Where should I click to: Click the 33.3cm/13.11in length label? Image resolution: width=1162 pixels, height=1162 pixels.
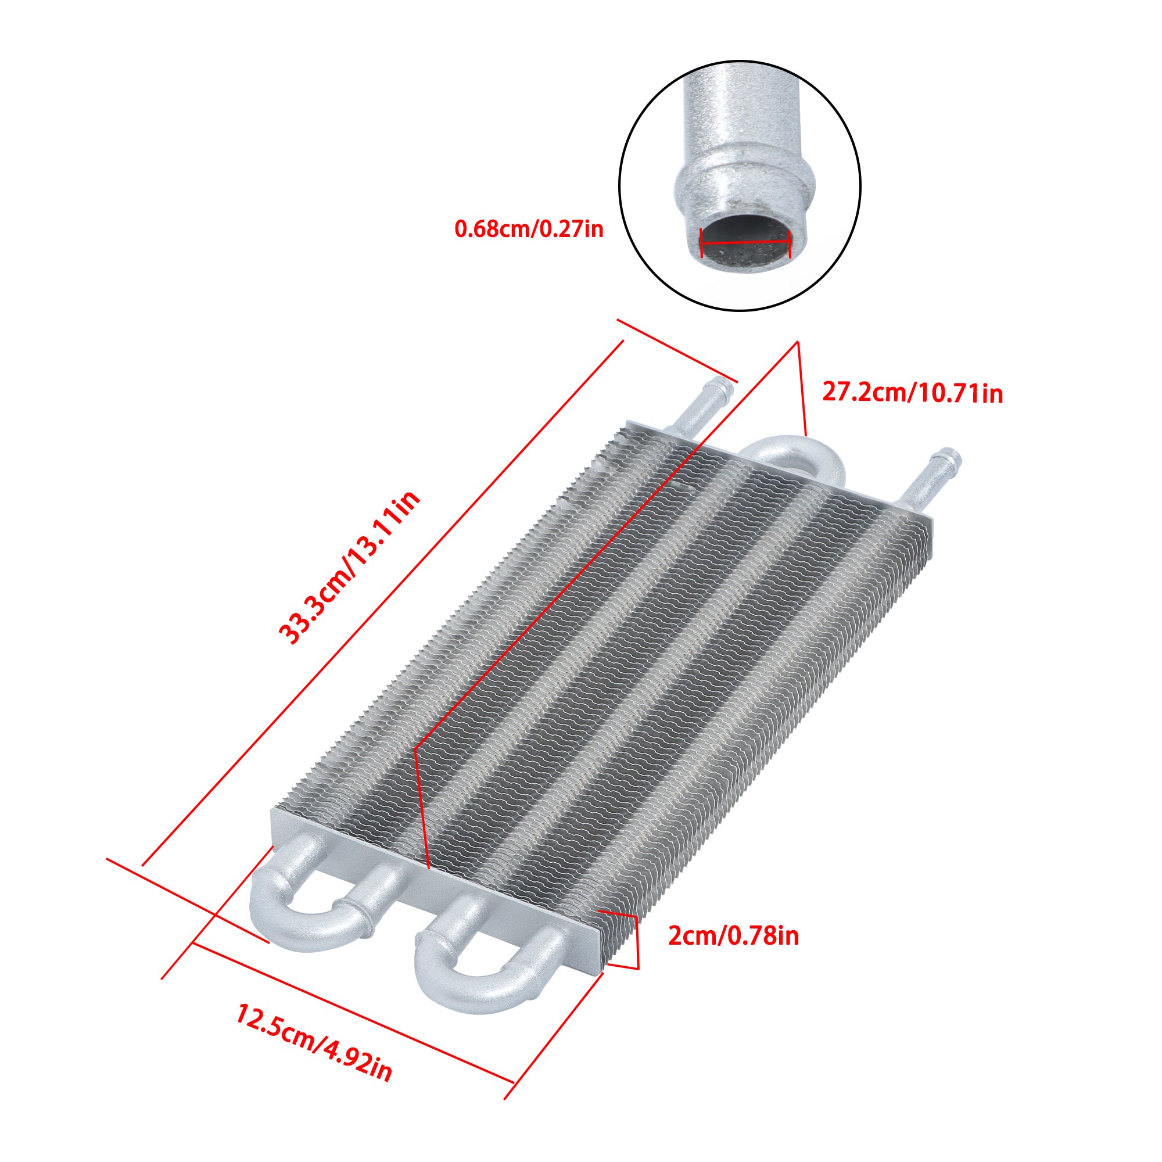[x=349, y=568]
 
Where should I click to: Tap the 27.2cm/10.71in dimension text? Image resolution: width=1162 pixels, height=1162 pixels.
[x=912, y=393]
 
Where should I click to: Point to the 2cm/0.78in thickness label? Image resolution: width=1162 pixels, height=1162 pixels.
[x=733, y=936]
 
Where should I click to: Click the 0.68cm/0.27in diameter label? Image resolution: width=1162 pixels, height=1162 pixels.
[x=529, y=229]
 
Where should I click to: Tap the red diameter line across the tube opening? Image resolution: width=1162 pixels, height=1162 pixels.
[x=746, y=243]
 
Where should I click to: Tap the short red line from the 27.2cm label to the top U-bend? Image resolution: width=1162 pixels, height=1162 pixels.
[x=801, y=388]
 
